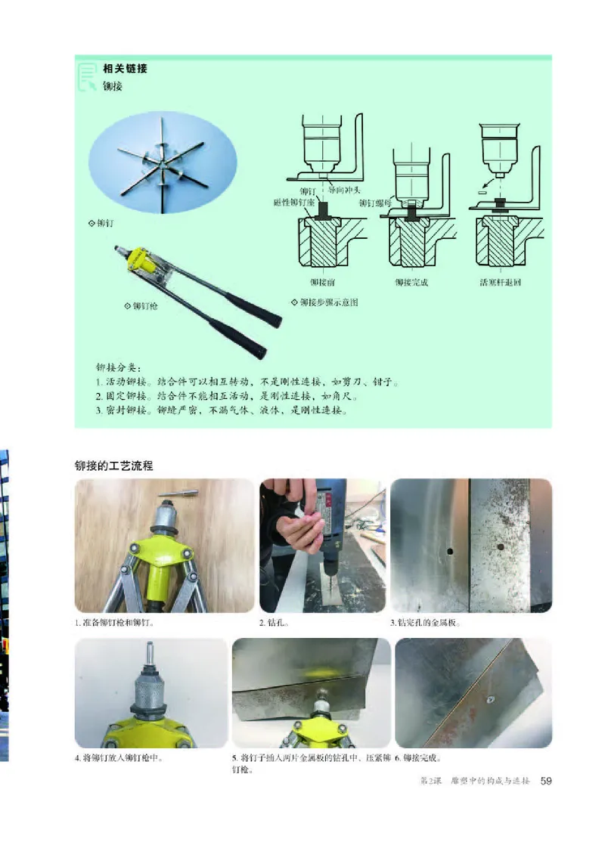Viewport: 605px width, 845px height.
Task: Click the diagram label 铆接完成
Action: pos(411,282)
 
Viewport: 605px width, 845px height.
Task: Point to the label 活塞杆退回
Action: pos(501,282)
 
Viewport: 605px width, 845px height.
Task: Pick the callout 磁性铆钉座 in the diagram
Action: pos(296,203)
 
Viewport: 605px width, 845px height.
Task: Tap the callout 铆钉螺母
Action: pos(377,203)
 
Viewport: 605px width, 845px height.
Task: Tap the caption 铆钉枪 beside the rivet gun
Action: pos(146,306)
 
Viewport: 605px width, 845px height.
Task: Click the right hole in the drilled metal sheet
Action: pos(501,543)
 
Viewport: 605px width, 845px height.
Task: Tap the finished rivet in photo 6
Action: pos(489,701)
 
